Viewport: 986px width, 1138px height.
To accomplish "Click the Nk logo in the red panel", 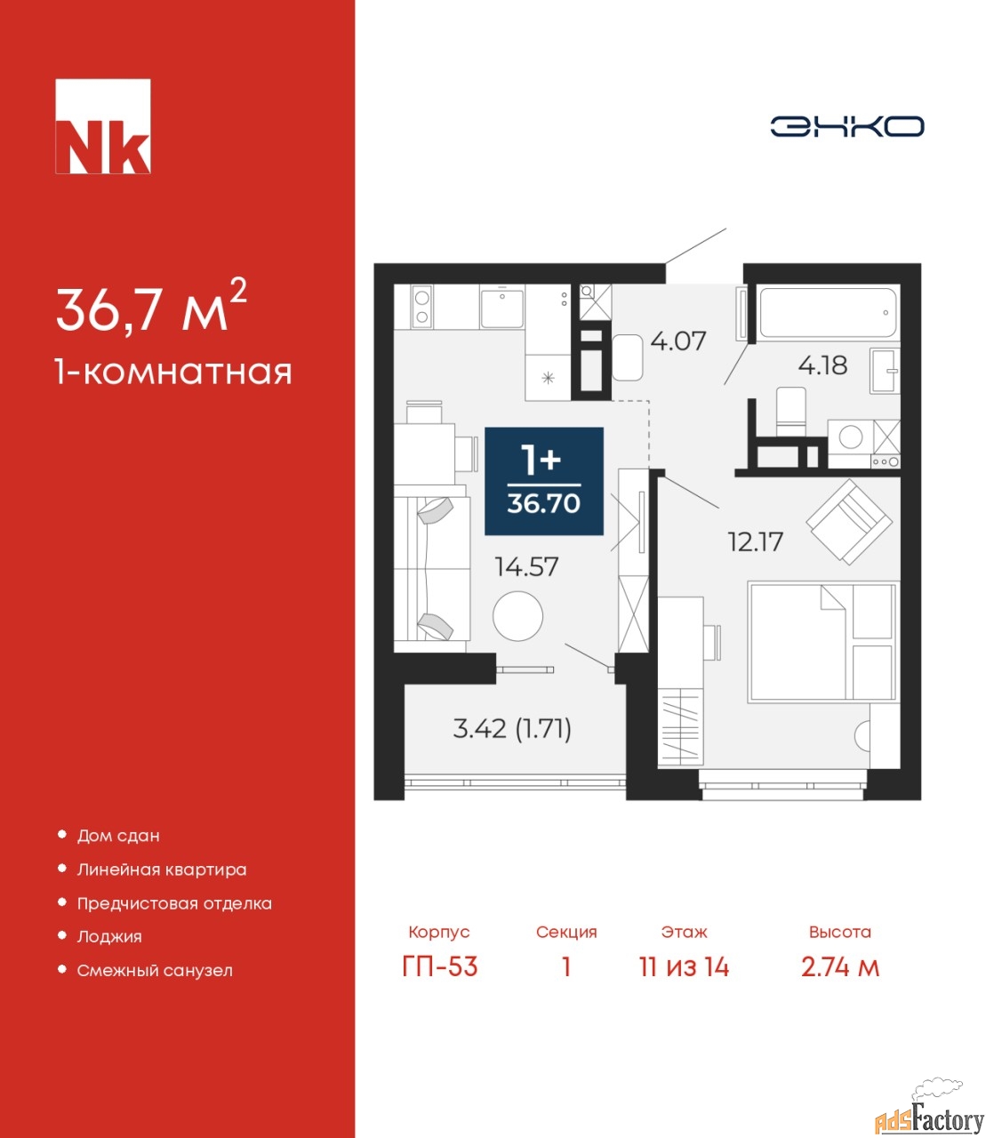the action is pyautogui.click(x=103, y=126).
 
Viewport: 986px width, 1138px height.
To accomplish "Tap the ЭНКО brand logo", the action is pyautogui.click(x=846, y=126).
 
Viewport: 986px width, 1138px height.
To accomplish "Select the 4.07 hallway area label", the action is pyautogui.click(x=677, y=341).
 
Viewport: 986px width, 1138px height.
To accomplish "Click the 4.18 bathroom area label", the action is pyautogui.click(x=823, y=365).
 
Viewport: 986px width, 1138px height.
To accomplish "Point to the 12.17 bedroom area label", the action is pyautogui.click(x=756, y=542).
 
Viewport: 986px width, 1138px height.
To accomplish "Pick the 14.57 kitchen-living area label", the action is pyautogui.click(x=527, y=566).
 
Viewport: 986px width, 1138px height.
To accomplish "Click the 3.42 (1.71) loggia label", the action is pyautogui.click(x=512, y=730).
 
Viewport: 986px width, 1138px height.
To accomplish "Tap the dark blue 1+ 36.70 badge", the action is pyautogui.click(x=544, y=481).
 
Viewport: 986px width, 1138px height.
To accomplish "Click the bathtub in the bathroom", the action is pyautogui.click(x=828, y=313).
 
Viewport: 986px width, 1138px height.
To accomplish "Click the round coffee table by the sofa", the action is pyautogui.click(x=517, y=616).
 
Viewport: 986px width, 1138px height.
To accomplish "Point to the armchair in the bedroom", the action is pyautogui.click(x=849, y=521).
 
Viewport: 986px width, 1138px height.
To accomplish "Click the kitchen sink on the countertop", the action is pyautogui.click(x=501, y=309).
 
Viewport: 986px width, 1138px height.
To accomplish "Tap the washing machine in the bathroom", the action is pyautogui.click(x=850, y=437).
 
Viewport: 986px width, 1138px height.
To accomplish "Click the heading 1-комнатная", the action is pyautogui.click(x=173, y=373).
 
